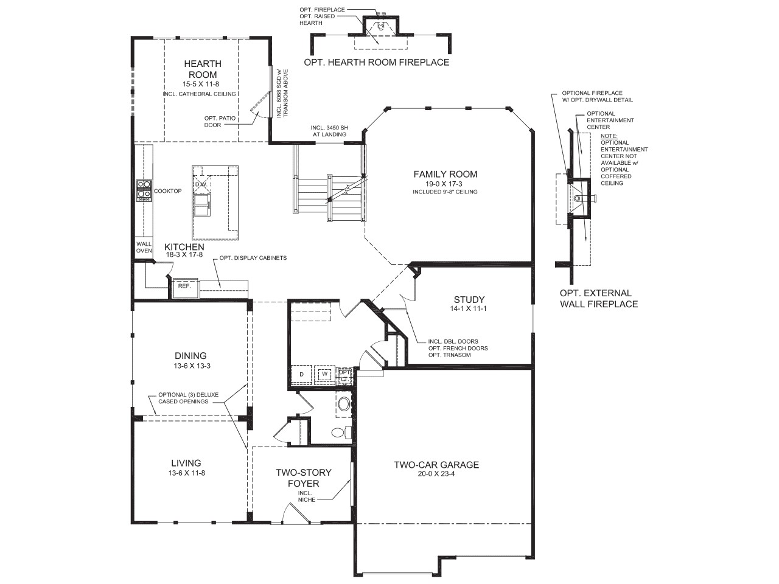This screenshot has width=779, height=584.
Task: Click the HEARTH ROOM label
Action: coord(203,69)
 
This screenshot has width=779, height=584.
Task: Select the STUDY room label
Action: coord(469,299)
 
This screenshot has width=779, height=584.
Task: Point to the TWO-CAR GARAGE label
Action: coord(436,465)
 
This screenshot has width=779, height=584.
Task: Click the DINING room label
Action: coord(190,356)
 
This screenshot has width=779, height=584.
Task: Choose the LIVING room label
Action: coord(186,463)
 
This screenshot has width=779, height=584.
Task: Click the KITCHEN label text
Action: coord(184,247)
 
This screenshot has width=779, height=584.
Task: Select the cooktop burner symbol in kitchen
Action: coord(144,190)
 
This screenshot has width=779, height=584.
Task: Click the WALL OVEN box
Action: coord(144,248)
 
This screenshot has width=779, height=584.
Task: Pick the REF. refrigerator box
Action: coord(184,286)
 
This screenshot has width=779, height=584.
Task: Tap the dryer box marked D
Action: coord(301,374)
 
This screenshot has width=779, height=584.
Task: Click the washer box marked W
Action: coord(324,374)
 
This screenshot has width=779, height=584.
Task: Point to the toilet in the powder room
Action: coord(340,433)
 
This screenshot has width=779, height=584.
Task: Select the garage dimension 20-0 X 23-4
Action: coord(436,474)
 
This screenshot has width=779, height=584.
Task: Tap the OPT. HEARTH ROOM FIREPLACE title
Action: coord(377,62)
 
